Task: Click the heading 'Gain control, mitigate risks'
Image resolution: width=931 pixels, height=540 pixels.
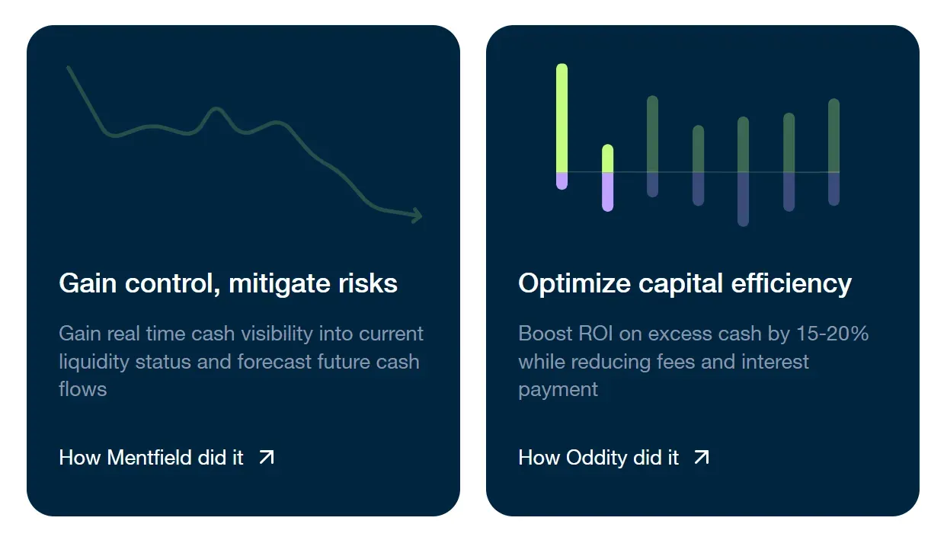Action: (228, 283)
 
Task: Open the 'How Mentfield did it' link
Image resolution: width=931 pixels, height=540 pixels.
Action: (166, 457)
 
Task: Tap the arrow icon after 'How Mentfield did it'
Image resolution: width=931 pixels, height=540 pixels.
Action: (267, 457)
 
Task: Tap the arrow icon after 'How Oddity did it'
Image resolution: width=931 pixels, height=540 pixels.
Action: (702, 457)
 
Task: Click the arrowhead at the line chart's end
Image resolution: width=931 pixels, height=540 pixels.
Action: (418, 216)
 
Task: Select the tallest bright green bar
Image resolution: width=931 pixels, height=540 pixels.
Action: (562, 118)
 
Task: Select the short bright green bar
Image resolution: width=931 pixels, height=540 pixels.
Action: (608, 158)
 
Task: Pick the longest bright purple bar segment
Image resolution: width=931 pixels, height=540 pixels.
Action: (608, 192)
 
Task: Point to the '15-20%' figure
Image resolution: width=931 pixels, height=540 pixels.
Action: (832, 333)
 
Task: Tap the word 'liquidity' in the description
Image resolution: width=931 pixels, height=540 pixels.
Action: (94, 363)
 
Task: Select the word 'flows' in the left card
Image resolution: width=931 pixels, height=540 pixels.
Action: (83, 389)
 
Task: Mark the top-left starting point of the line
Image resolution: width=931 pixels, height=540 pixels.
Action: (69, 67)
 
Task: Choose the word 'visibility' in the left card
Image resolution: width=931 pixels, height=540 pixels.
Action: (277, 334)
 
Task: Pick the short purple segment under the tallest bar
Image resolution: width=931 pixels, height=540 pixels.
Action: (562, 181)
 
